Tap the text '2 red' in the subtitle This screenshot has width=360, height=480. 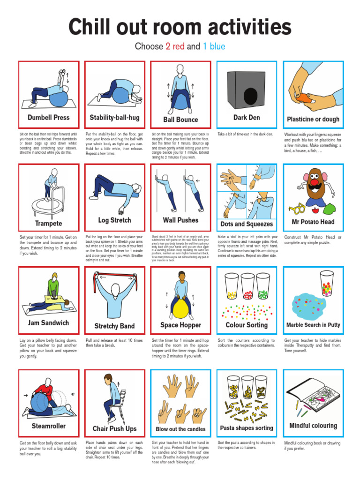pos(175,46)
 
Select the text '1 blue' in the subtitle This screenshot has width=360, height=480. pos(214,46)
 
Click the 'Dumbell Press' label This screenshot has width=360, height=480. pos(49,118)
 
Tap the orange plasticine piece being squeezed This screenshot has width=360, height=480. pos(305,97)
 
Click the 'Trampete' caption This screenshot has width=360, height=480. pos(48,223)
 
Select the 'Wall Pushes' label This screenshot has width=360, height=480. pos(180,220)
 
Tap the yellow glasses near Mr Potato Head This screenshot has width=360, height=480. pos(297,207)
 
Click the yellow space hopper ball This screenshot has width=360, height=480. pos(180,309)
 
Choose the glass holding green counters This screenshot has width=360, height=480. pos(263,287)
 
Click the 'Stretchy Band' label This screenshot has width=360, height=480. pos(114,326)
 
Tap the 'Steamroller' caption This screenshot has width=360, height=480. pos(49,426)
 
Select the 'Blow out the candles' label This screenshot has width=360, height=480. pos(180,429)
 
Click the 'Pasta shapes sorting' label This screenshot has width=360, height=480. pos(247,428)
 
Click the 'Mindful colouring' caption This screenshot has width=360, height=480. pos(313,426)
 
